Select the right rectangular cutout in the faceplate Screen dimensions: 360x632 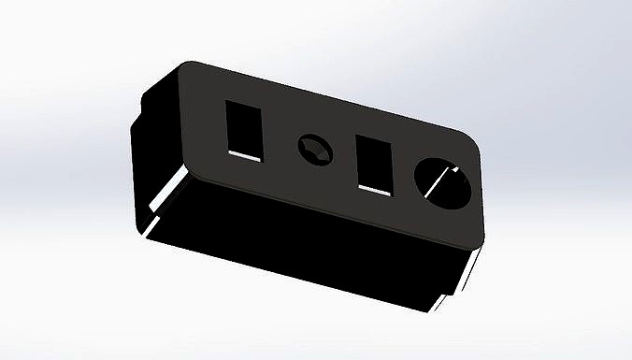[375, 165]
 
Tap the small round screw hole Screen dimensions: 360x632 [313, 149]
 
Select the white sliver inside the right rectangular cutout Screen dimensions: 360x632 [374, 190]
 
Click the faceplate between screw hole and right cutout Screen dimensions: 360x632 [341, 156]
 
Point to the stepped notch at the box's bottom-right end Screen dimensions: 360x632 [453, 281]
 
